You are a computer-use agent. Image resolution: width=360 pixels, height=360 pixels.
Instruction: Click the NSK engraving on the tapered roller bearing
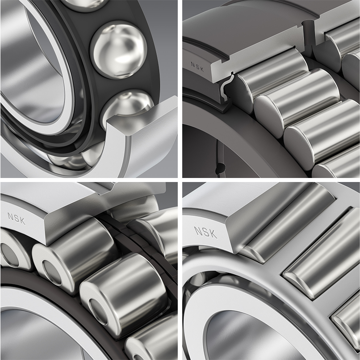point(205,233)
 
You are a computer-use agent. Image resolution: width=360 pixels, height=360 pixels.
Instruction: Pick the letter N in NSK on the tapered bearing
point(198,230)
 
